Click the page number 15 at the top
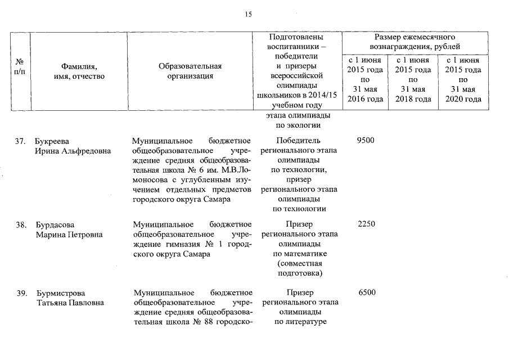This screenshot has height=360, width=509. (x=248, y=15)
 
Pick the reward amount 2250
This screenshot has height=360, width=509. (x=366, y=224)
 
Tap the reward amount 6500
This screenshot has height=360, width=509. (x=366, y=292)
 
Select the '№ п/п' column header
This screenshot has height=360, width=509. (x=19, y=67)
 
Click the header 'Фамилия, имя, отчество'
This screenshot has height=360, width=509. (x=75, y=71)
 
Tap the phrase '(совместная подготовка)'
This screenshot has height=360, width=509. (x=299, y=268)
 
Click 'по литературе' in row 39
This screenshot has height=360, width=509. (x=299, y=322)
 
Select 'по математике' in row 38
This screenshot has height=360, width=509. (x=299, y=254)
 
